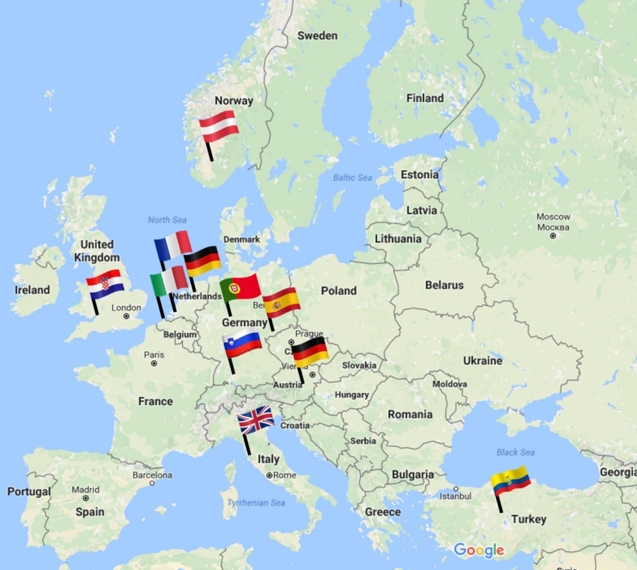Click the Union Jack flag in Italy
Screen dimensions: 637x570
[256, 420]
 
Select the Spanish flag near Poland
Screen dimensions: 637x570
[282, 302]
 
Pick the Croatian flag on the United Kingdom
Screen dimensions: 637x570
[104, 283]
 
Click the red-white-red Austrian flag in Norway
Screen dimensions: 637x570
[219, 126]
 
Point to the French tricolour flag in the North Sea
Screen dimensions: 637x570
[173, 245]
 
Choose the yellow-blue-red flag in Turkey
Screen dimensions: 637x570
[511, 480]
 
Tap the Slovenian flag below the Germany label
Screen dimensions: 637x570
[243, 344]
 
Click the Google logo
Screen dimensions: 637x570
[478, 551]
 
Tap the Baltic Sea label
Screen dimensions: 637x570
[352, 178]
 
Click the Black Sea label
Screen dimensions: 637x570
[515, 452]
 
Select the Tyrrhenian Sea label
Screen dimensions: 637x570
[256, 502]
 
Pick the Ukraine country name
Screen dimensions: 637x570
[482, 361]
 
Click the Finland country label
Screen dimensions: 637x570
[425, 98]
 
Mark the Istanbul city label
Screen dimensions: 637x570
[455, 496]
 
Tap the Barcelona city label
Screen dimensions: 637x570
[152, 475]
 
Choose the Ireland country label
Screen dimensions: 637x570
[32, 289]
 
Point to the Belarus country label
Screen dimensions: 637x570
[444, 285]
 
